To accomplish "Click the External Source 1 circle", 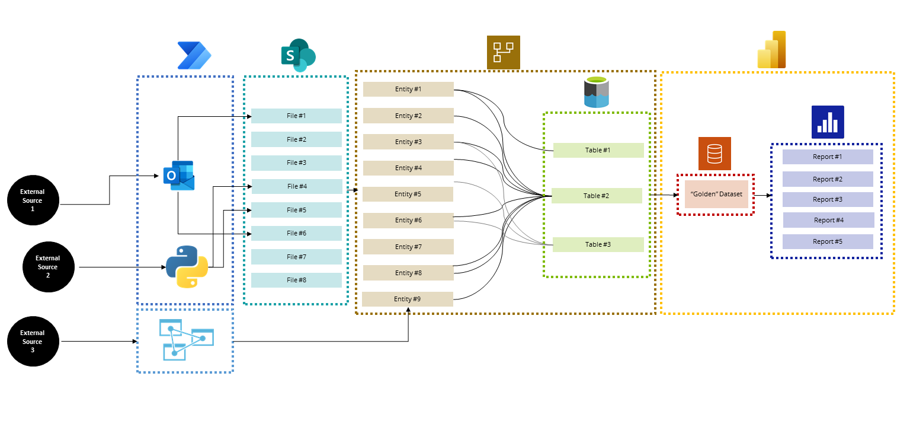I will click(x=33, y=200).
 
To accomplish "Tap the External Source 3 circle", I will click(x=33, y=342).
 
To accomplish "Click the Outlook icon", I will click(x=179, y=176).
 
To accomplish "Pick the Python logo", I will click(x=187, y=267).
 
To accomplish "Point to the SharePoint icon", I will click(x=297, y=55).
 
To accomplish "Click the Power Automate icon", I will click(x=194, y=56).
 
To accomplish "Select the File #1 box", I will click(x=296, y=116).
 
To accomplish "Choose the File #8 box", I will click(x=296, y=280).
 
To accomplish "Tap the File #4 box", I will click(x=297, y=186).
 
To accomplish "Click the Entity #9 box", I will click(x=407, y=299).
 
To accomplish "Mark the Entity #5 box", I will click(x=408, y=194).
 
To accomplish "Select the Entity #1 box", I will click(x=408, y=90).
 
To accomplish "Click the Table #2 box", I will click(x=597, y=196).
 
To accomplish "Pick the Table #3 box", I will click(x=598, y=244).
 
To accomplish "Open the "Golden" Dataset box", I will click(x=716, y=194).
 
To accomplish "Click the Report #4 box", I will click(x=828, y=220).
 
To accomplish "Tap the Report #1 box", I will click(x=828, y=157).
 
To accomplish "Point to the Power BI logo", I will click(x=771, y=50).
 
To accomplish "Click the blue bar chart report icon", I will click(x=828, y=122).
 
